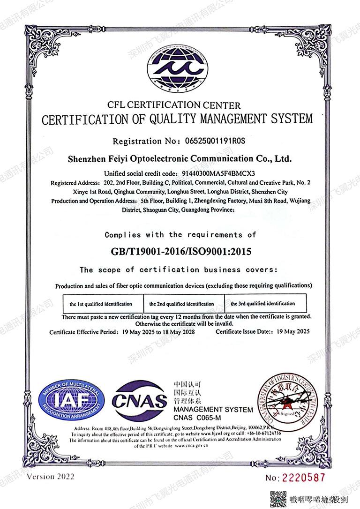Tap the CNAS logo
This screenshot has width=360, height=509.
click(139, 400)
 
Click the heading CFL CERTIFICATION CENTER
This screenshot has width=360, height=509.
click(173, 105)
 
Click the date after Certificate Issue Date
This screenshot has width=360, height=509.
click(293, 332)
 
